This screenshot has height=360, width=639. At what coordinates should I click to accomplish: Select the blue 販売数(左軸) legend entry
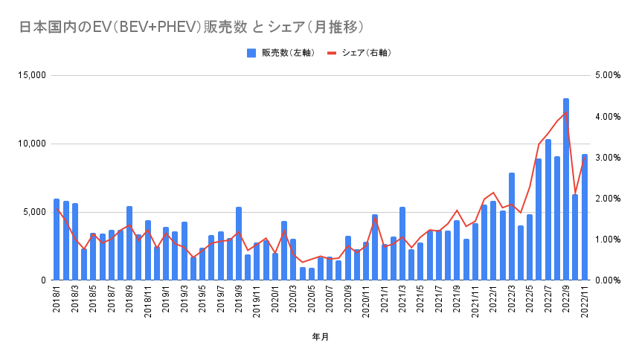[280, 53]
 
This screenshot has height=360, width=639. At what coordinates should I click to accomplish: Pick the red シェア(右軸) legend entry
[359, 53]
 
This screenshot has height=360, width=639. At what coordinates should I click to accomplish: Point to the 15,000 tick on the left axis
[32, 76]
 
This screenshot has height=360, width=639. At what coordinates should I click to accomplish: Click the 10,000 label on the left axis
[32, 144]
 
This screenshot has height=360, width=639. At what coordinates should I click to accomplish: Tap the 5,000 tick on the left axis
[34, 212]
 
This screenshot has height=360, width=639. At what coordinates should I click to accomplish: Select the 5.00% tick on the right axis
[607, 76]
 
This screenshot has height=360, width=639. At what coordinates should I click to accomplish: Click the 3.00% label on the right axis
[607, 158]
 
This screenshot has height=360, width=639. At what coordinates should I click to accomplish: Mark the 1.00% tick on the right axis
[607, 240]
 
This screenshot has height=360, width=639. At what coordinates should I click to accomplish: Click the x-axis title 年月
[321, 337]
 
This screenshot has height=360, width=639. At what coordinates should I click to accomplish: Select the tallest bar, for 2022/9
[566, 190]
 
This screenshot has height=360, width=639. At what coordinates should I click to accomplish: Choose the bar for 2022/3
[512, 226]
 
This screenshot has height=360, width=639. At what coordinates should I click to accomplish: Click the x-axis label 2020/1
[275, 302]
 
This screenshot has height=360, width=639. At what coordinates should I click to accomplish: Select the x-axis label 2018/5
[93, 302]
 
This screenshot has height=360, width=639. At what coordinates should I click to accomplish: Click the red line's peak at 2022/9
[566, 112]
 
